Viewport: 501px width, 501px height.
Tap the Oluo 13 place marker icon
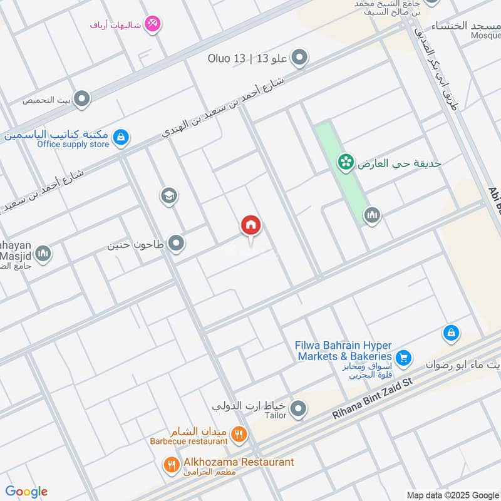300,58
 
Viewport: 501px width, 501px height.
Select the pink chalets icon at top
152,24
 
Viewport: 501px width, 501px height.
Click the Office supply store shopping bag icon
121,136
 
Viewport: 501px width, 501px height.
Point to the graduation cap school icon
168,196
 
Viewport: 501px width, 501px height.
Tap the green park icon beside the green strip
344,163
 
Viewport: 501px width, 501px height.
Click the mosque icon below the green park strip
372,216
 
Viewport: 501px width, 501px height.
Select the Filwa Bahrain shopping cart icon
403,358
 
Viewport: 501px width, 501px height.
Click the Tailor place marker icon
299,410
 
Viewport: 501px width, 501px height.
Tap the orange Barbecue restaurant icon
239,433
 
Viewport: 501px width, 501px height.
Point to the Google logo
26,492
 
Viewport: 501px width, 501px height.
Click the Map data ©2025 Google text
452,494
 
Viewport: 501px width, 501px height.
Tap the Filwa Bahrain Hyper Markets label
343,351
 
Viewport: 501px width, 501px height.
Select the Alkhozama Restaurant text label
238,462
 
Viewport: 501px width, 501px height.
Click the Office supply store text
73,145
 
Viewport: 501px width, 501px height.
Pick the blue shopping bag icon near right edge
451,333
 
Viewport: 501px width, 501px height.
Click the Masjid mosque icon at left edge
43,254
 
